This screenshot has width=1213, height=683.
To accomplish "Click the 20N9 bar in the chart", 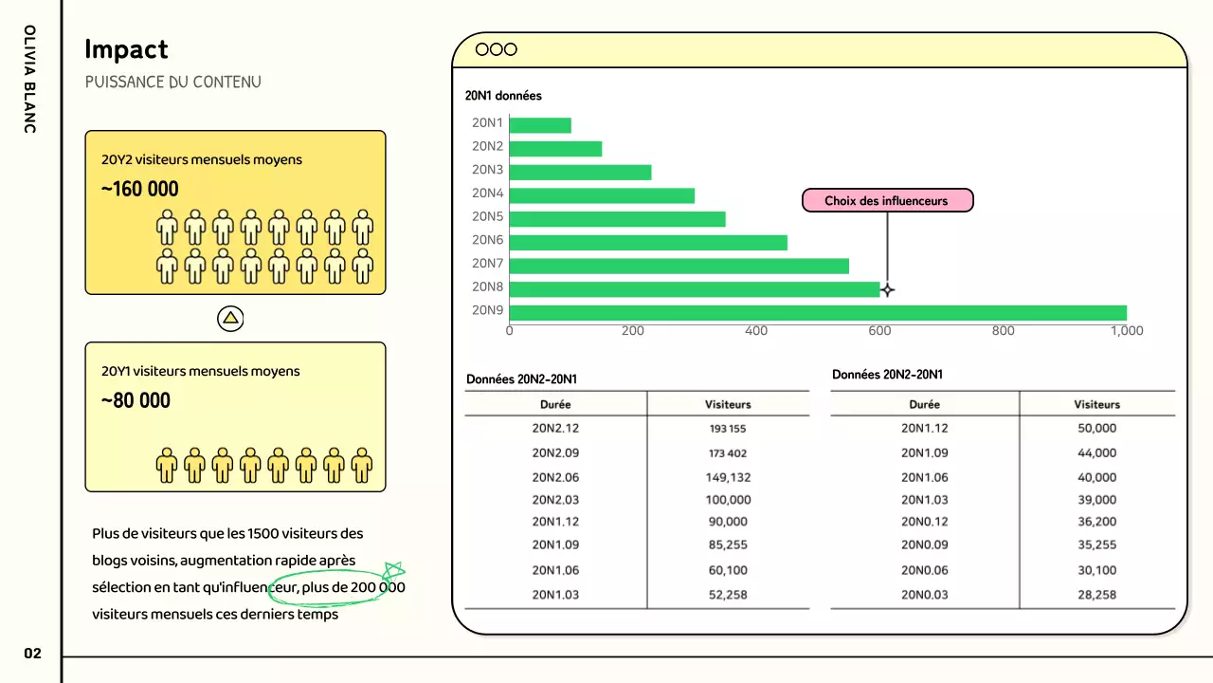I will click(818, 313).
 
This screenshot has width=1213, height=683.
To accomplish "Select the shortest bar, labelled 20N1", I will click(540, 125).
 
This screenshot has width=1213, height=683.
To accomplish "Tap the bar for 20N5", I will click(617, 219).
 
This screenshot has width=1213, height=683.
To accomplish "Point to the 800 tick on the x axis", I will click(1003, 331).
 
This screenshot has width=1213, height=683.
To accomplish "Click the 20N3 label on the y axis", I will click(487, 170).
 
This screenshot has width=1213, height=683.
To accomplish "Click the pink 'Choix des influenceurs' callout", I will click(886, 201).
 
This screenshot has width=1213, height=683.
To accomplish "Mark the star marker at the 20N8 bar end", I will click(887, 289).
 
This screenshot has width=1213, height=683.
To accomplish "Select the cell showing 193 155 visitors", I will click(728, 429).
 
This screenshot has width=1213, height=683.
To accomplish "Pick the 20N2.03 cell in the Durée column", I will click(555, 500).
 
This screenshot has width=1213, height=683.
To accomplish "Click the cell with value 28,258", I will click(1096, 595).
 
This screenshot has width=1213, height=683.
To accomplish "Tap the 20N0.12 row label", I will click(924, 521).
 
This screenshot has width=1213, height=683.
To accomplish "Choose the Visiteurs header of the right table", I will click(1096, 404).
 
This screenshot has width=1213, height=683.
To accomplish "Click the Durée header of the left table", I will click(555, 404).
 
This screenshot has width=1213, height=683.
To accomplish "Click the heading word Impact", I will click(126, 49).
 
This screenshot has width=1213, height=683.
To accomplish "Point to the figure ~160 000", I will click(140, 189).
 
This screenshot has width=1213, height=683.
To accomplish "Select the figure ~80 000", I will click(136, 400).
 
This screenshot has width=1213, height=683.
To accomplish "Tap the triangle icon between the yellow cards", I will click(231, 319).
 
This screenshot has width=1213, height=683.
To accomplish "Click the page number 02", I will click(33, 654).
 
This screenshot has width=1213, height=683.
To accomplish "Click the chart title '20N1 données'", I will click(503, 96).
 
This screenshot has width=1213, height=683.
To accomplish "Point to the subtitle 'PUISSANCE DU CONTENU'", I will click(172, 83).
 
